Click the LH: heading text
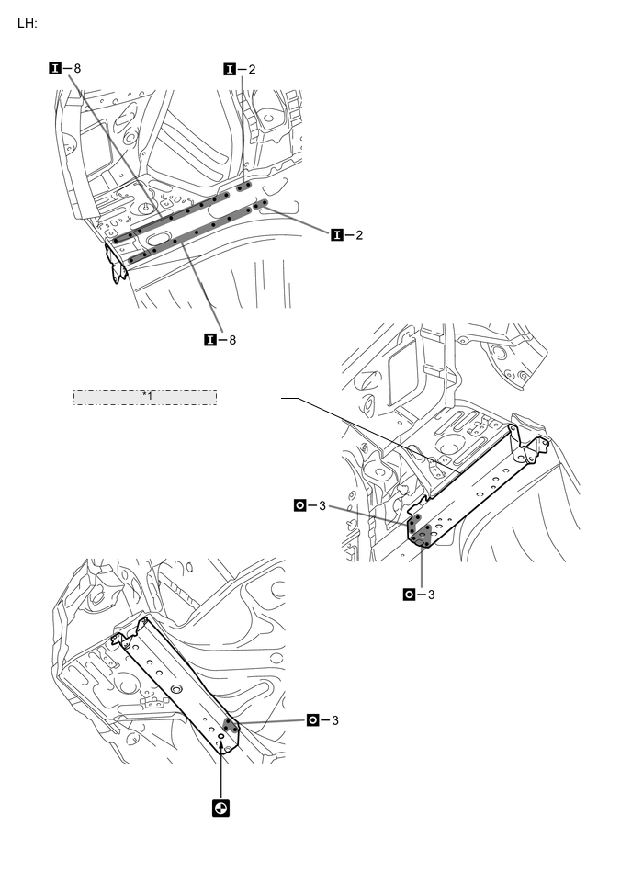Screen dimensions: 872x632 (28, 24)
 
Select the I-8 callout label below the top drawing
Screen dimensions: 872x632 (220, 339)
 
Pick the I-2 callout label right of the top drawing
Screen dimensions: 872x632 (346, 235)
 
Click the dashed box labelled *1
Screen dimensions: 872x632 (145, 397)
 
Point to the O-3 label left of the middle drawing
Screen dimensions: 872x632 (310, 504)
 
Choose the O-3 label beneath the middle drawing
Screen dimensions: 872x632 (420, 594)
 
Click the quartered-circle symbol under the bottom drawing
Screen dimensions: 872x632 (220, 809)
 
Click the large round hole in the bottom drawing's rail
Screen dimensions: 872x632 (177, 688)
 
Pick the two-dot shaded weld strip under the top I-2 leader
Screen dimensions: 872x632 (244, 186)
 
